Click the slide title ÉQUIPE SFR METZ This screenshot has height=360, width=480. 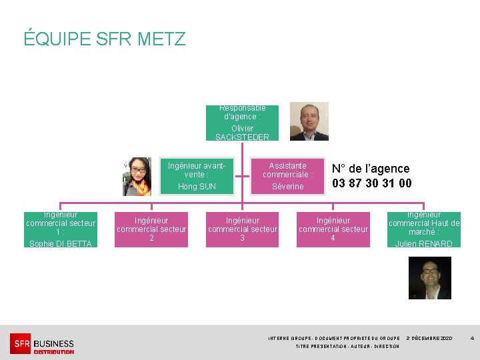105,39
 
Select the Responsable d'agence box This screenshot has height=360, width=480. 242,122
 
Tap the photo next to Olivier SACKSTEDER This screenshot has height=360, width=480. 309,121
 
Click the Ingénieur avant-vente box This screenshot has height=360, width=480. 197,176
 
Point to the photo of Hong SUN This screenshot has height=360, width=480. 137,177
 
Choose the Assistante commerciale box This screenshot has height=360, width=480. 287,176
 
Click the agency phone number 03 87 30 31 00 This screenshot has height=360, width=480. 371,183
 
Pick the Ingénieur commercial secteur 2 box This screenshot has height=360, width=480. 151,229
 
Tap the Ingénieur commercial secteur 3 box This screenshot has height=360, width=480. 242,229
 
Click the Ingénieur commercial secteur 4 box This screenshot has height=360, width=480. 333,229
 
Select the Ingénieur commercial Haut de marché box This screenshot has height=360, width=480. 423,229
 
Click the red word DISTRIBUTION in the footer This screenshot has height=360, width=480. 53,352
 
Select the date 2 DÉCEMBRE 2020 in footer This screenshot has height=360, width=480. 429,339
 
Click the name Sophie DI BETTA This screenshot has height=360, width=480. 61,243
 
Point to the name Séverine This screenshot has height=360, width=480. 287,187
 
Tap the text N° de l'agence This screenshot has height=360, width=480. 371,169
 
